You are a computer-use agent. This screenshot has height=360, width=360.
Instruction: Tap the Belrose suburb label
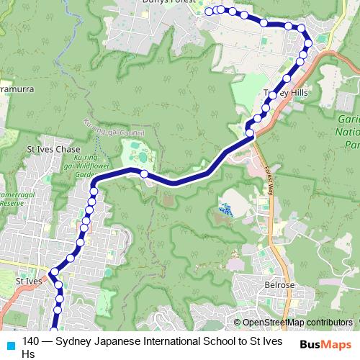point(279,285)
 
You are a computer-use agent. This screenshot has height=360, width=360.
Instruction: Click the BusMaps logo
point(325,344)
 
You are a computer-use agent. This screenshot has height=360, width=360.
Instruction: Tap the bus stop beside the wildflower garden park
point(144,174)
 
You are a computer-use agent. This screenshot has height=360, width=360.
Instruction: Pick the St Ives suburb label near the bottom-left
point(29,281)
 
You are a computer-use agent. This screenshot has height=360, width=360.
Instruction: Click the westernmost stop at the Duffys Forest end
point(209,11)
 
